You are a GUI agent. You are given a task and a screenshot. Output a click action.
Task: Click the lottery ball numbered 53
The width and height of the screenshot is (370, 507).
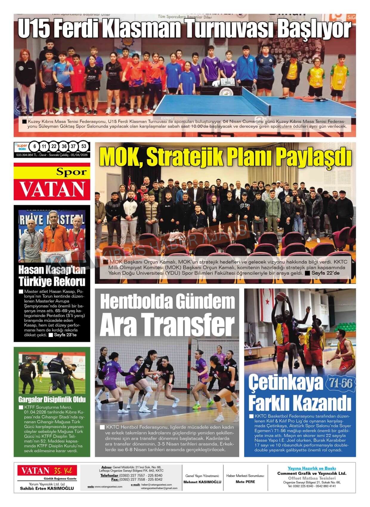pos(84,146)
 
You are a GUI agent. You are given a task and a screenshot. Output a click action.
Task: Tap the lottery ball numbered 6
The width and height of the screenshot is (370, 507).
pos(35,146)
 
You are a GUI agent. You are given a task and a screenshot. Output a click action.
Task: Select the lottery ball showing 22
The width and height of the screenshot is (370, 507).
pos(54,146)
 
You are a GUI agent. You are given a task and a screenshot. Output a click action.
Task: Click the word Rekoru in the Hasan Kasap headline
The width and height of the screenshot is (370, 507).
pos(69,282)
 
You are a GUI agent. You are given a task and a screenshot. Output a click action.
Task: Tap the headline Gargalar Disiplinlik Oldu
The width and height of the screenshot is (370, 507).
pos(52,399)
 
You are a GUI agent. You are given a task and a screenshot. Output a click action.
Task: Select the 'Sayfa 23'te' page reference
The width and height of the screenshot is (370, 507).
pos(65,335)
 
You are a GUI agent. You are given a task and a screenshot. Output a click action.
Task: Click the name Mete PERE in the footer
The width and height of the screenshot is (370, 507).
pos(245,482)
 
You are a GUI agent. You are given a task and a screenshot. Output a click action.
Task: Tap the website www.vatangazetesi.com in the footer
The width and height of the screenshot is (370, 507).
pos(108,487)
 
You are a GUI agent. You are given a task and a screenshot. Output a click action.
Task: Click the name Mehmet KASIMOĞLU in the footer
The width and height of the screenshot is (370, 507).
pos(202,482)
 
